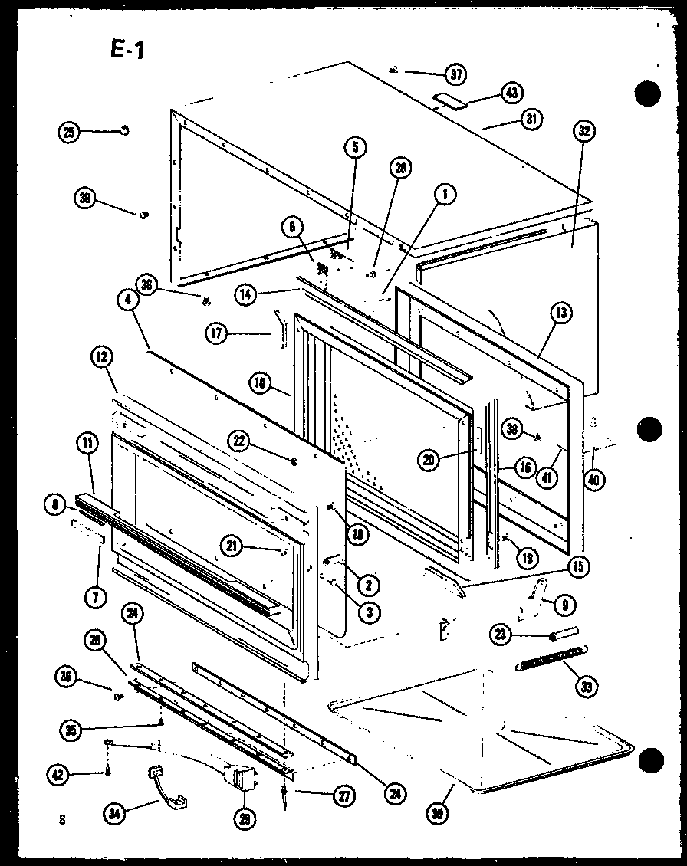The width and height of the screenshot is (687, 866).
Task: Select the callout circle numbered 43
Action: coord(511,93)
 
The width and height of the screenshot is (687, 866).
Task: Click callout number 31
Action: coord(530,119)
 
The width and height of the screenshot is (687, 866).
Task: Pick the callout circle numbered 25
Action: coord(70,132)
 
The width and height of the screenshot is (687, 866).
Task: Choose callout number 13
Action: coord(561,312)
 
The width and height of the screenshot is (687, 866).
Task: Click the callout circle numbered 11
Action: coord(87,442)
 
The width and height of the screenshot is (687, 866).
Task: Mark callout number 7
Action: coord(94,598)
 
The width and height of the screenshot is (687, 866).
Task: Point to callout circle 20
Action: coord(429,459)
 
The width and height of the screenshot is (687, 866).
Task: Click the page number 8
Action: coord(61,819)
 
